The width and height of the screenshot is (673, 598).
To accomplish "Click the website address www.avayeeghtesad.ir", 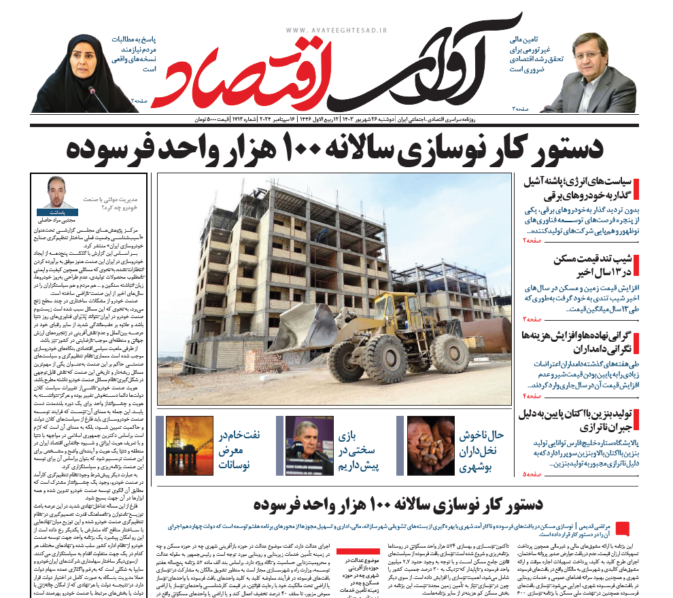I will [336, 31].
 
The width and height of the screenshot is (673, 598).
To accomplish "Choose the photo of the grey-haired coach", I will [309, 445].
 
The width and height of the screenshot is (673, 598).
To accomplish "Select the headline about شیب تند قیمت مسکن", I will [582, 266].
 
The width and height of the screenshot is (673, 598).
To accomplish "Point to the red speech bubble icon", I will [625, 529].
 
